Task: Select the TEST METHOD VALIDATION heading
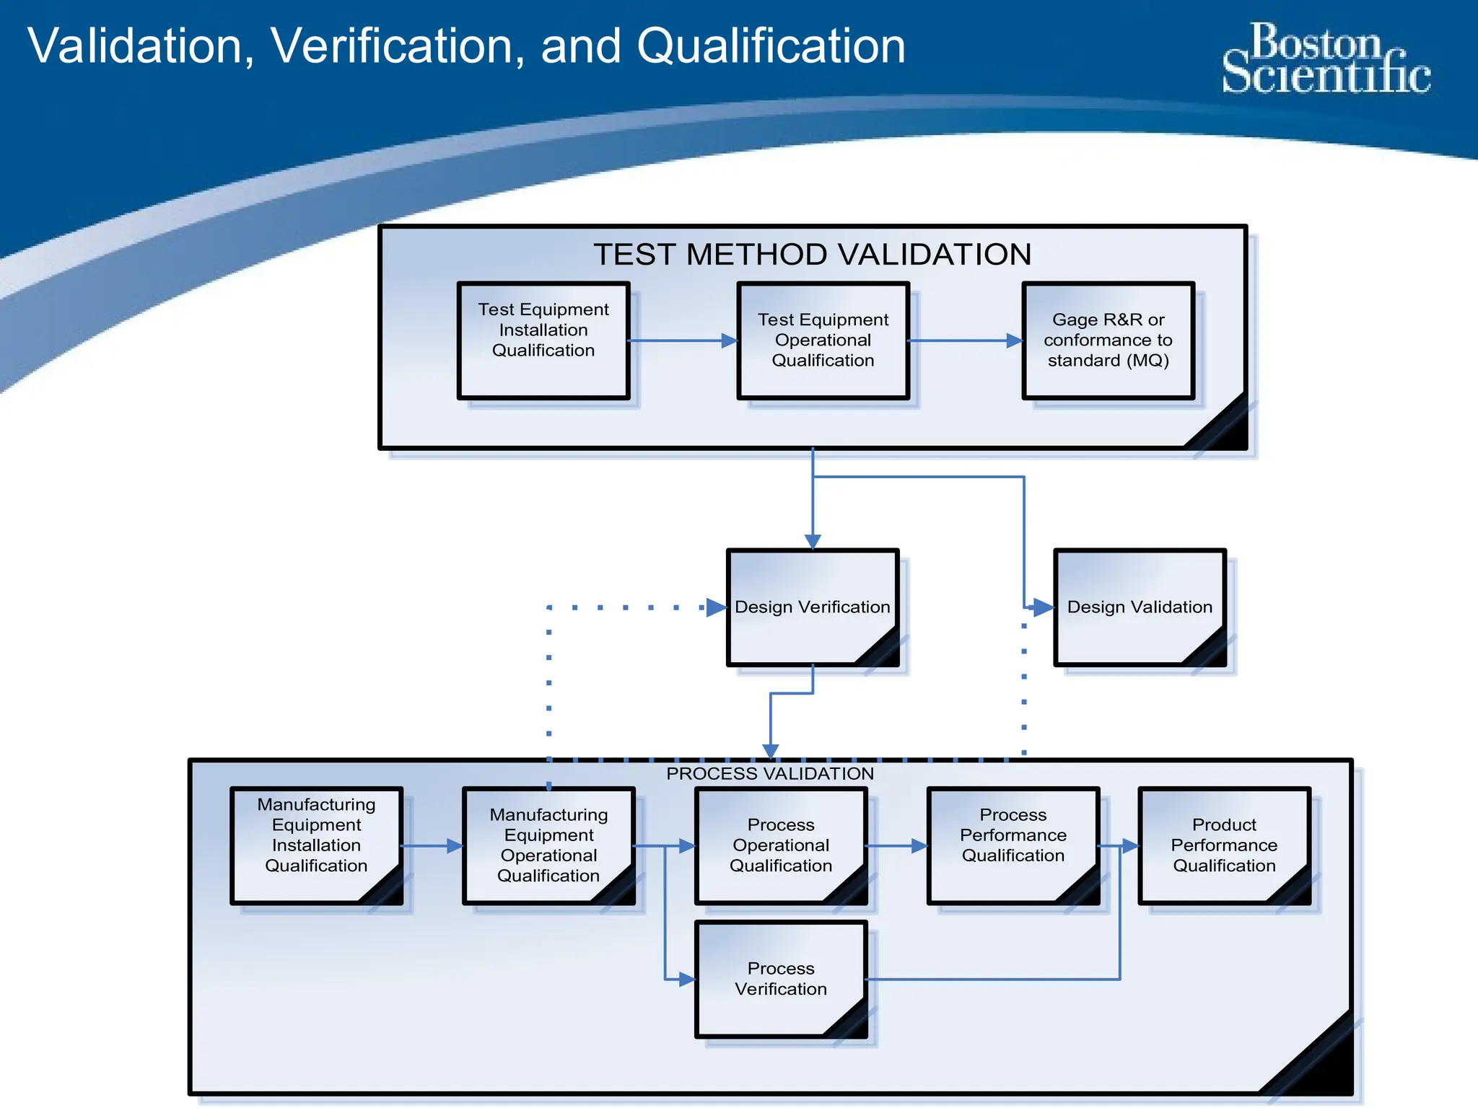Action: [812, 255]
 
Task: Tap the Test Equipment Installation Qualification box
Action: [543, 340]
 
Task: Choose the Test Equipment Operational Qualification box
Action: [823, 340]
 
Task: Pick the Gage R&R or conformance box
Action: [1108, 340]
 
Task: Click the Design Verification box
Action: [812, 607]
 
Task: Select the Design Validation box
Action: [1140, 607]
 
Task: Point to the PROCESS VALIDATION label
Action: [770, 774]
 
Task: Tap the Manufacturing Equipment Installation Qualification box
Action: [316, 845]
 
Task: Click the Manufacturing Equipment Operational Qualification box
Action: [548, 845]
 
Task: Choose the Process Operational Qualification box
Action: [781, 845]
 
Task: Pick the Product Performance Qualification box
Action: [1224, 845]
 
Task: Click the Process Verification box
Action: [781, 978]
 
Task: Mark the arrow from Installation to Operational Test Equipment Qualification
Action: [683, 340]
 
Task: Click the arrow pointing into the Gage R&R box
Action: [965, 340]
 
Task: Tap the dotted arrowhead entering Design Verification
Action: [715, 607]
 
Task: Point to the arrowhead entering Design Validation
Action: [1042, 607]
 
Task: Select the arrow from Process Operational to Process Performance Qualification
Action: [897, 845]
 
